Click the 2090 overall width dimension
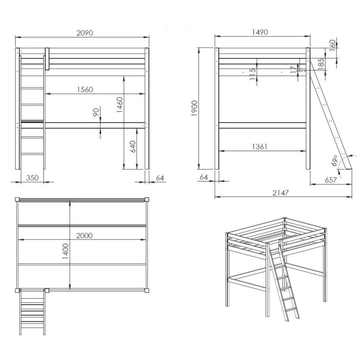pyautogui.click(x=85, y=33)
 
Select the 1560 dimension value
pyautogui.click(x=85, y=89)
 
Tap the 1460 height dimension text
pyautogui.click(x=119, y=105)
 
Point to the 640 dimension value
pyautogui.click(x=133, y=146)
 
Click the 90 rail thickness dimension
pyautogui.click(x=96, y=112)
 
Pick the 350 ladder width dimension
pyautogui.click(x=32, y=178)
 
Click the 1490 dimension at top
pyautogui.click(x=260, y=32)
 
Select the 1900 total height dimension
pyautogui.click(x=195, y=108)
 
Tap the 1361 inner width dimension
pyautogui.click(x=259, y=146)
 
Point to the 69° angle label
pyautogui.click(x=335, y=160)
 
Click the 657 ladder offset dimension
pyautogui.click(x=331, y=180)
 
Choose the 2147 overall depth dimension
pyautogui.click(x=280, y=193)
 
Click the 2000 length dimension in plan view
pyautogui.click(x=84, y=236)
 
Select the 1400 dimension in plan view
pyautogui.click(x=66, y=251)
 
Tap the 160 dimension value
pyautogui.click(x=332, y=45)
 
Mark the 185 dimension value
pyautogui.click(x=322, y=63)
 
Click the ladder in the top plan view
pyautogui.click(x=32, y=312)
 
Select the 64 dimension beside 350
pyautogui.click(x=160, y=178)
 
